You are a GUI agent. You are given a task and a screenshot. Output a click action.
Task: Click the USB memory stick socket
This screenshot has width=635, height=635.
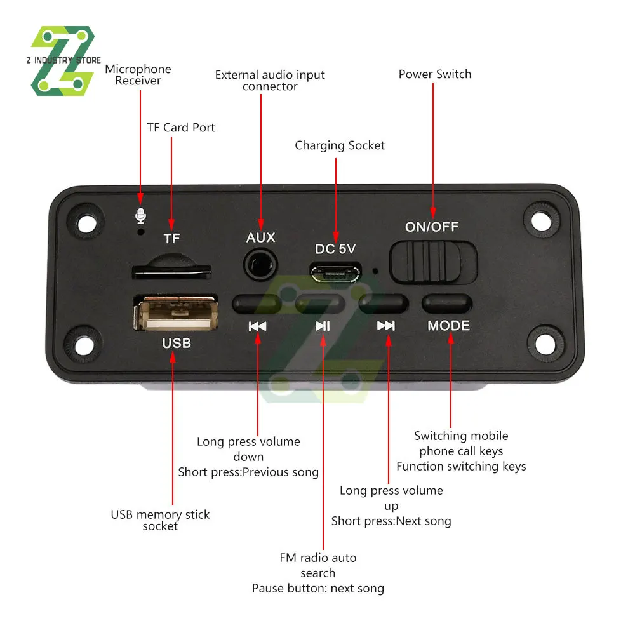click(176, 313)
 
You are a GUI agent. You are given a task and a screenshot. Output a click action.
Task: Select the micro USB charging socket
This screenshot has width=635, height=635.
click(335, 273)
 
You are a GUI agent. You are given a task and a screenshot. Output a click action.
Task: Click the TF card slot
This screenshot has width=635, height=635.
click(171, 271)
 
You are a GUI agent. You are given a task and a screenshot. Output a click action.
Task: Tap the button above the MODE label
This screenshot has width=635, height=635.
click(448, 304)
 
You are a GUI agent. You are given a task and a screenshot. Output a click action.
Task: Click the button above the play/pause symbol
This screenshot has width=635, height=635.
click(321, 304)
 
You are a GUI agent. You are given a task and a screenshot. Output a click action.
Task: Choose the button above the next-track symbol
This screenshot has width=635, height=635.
click(384, 304)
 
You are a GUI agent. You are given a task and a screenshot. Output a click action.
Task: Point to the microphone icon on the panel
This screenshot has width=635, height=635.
click(140, 217)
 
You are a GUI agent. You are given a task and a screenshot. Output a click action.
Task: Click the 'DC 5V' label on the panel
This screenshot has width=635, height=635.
click(335, 249)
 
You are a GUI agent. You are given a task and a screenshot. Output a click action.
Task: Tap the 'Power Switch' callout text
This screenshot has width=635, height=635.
click(435, 74)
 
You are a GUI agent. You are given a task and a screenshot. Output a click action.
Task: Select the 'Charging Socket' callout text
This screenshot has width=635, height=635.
click(340, 145)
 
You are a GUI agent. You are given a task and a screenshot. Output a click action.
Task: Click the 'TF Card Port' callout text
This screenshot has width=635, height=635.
click(181, 128)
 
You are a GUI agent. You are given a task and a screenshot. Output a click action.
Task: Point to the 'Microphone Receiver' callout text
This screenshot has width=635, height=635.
click(138, 75)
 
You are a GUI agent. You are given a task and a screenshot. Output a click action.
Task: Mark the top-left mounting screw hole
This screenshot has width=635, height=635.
click(86, 221)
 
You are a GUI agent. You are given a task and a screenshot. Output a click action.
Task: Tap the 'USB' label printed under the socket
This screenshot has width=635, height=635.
click(177, 343)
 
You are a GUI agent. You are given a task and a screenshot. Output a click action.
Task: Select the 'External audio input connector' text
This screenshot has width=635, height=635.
click(270, 81)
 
